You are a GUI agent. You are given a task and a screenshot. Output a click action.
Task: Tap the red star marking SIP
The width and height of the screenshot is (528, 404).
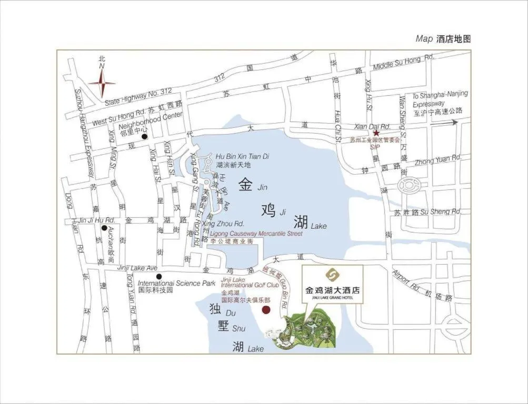click(376, 134)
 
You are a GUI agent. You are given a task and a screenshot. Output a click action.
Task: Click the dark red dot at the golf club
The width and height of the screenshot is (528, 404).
click(266, 310)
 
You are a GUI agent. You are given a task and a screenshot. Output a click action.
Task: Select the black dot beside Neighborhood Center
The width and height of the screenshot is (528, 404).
click(144, 137)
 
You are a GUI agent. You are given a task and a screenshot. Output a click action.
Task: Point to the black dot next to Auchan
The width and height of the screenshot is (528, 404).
click(104, 228)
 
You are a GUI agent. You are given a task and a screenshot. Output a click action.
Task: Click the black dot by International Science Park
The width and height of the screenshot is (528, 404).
click(159, 277)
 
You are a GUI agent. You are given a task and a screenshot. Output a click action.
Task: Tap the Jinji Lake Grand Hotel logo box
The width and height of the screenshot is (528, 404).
click(332, 284)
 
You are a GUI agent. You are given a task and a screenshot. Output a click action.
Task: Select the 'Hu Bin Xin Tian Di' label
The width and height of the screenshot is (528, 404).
click(242, 156)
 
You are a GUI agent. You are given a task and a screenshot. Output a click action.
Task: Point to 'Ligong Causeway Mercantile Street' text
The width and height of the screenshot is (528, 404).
click(256, 233)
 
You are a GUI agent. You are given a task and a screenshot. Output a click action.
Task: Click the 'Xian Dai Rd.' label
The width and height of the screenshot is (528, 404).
click(372, 126)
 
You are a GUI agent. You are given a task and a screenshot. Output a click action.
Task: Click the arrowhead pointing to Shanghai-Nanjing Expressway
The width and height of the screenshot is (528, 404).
click(454, 123)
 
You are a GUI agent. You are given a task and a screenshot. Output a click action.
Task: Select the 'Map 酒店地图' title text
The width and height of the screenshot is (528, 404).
click(443, 39)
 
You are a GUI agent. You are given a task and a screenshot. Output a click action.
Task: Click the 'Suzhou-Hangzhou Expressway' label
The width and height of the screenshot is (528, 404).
click(84, 131)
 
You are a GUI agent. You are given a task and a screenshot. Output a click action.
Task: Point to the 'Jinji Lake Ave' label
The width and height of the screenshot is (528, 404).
click(137, 268)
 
